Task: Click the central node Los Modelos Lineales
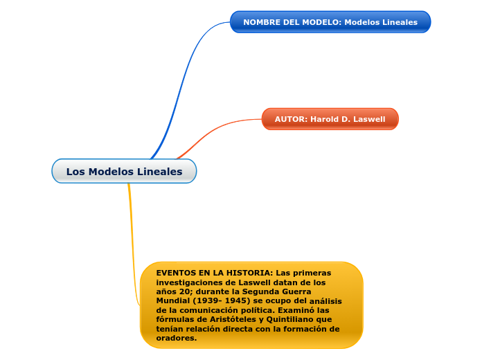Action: pyautogui.click(x=124, y=171)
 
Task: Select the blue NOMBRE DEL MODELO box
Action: pyautogui.click(x=330, y=22)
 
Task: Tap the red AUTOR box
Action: pyautogui.click(x=330, y=119)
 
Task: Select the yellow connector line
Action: pyautogui.click(x=131, y=242)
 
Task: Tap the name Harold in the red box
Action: pyautogui.click(x=325, y=119)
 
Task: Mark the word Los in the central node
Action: pyautogui.click(x=75, y=172)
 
